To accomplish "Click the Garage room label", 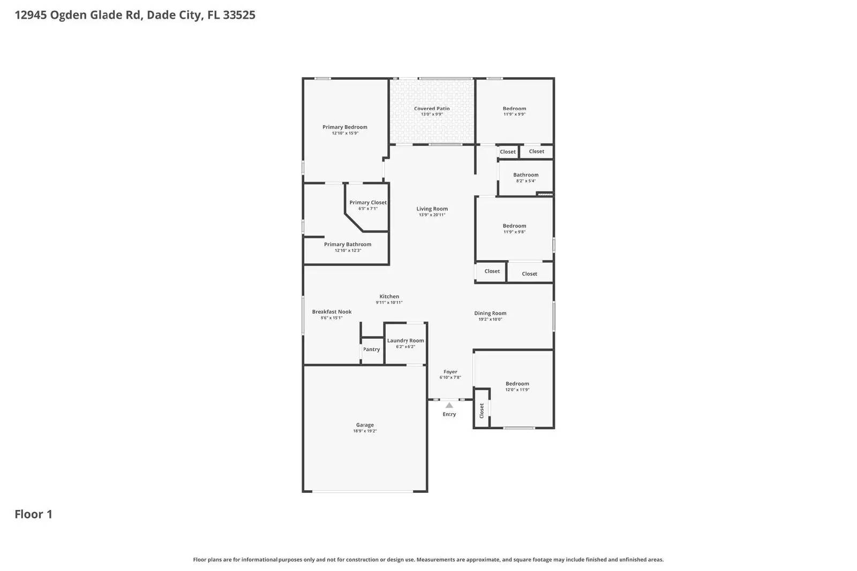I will pos(365,425).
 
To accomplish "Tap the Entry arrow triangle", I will pos(449,406).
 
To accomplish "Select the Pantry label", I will pos(371,349).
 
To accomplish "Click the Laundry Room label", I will pos(405,340).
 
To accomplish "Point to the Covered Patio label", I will pos(432,109).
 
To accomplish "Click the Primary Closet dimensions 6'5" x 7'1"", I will pos(368,209).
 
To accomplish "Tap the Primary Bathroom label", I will pos(348,245).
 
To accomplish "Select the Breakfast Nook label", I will pos(332,312).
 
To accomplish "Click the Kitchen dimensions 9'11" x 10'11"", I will pos(389,303).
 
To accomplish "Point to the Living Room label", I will pos(432,209).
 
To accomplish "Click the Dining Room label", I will pos(490,314).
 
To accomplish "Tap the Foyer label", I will pos(450,372).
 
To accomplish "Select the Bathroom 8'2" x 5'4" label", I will pos(525,175).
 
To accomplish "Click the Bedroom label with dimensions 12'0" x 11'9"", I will pos(517,384).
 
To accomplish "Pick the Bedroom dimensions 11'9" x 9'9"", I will pos(514,115).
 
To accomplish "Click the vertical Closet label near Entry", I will pos(482,410).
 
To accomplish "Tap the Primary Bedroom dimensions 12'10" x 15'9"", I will pos(345,133).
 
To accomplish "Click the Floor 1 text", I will pos(33,514).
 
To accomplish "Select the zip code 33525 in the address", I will pos(239,15).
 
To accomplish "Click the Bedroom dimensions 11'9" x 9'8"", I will pos(514,232).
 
